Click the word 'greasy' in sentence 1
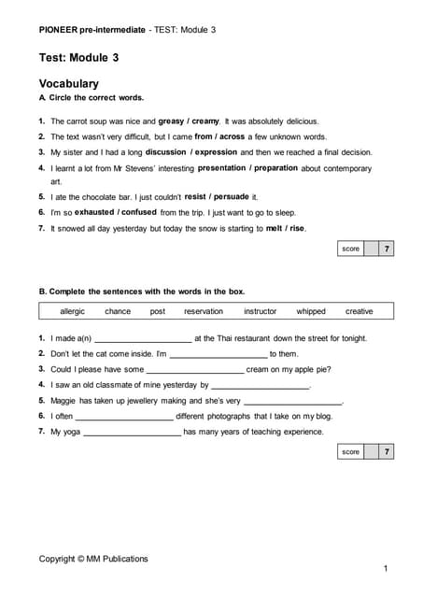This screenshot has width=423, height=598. pos(171,121)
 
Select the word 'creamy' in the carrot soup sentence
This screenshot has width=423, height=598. pos(205,121)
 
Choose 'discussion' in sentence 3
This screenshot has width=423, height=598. pos(166,151)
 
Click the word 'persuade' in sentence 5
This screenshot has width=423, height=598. pos(233,197)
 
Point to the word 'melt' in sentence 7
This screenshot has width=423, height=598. pos(275,228)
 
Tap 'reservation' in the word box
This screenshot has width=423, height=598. pos(204,311)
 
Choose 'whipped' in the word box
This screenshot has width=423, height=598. pos(311,311)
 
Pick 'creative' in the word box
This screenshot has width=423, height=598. pos(359,311)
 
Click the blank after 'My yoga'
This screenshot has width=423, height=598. pos(133,434)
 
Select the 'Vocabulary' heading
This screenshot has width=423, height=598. pos(69,83)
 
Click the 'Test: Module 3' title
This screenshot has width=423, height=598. pos(78,58)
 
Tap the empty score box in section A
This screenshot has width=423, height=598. pos(371,249)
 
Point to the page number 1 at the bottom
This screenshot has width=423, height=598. pos(386,568)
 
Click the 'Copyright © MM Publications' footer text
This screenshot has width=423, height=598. pos(93,559)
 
